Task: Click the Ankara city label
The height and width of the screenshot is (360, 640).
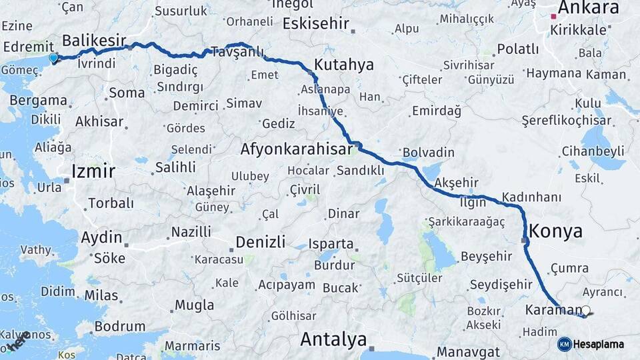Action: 588,8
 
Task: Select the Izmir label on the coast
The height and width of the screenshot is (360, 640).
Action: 93,172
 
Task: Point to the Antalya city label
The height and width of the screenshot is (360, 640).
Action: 333,339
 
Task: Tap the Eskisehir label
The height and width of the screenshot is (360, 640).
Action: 316,24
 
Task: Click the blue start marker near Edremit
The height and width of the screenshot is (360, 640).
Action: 53,58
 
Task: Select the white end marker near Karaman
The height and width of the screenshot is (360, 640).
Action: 586,310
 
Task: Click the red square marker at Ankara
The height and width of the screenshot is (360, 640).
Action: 553,16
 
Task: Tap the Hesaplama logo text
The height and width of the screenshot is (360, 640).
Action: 599,344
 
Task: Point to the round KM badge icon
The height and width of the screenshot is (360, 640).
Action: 564,344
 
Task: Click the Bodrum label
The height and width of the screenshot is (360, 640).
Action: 120,327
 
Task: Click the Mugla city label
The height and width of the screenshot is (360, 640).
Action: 194,305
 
